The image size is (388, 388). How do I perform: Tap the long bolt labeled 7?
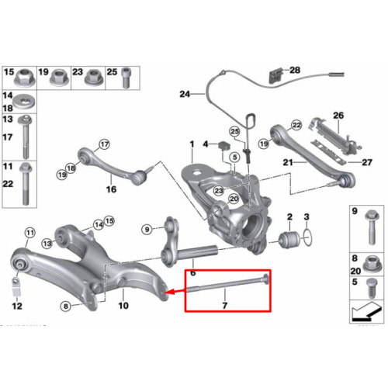[228, 284]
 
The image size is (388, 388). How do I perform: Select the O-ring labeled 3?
[307, 237]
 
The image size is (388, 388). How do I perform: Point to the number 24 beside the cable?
[185, 94]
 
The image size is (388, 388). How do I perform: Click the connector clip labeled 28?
[275, 75]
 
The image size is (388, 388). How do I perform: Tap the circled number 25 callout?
[234, 131]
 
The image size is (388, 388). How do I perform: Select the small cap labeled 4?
[223, 146]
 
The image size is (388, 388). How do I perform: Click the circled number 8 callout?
[66, 307]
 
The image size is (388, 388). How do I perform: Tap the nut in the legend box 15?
[25, 78]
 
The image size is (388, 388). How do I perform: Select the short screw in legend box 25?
[126, 78]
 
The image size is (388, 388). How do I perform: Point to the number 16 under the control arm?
[111, 189]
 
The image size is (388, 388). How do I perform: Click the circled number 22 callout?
[296, 126]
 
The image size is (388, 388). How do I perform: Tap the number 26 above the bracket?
[338, 116]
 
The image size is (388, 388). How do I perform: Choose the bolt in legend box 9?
[372, 227]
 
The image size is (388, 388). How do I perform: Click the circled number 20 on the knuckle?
[234, 199]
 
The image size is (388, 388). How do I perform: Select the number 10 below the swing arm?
[123, 306]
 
